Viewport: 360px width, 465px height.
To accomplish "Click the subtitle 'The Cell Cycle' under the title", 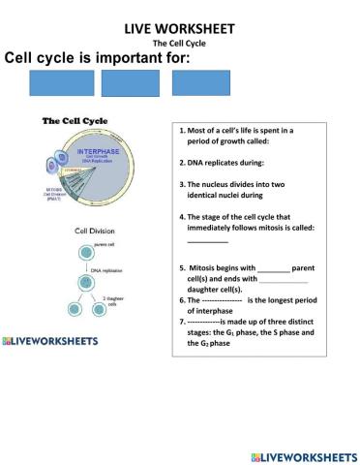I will (x=179, y=44).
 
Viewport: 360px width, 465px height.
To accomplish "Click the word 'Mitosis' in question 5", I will (x=207, y=267).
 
